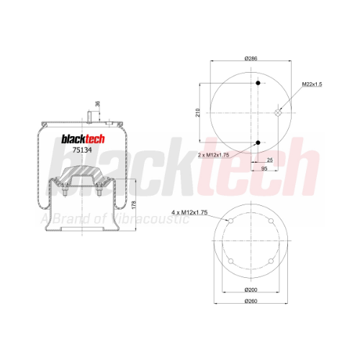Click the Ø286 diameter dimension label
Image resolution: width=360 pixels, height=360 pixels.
[x=251, y=58]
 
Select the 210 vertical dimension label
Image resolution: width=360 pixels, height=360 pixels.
[x=197, y=112]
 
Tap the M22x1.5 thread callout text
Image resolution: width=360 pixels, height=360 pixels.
[x=312, y=84]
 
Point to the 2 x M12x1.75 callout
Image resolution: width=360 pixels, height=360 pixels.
[x=213, y=155]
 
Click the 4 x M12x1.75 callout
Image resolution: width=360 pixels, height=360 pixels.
[x=189, y=212]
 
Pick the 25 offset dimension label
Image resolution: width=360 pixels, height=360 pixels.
[x=270, y=160]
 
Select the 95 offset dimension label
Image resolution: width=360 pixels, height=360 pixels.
[x=264, y=168]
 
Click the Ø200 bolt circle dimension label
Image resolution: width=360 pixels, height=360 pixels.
[x=251, y=289]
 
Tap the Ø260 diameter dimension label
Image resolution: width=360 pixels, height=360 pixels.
[x=251, y=301]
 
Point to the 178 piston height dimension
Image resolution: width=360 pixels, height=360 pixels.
[x=134, y=204]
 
